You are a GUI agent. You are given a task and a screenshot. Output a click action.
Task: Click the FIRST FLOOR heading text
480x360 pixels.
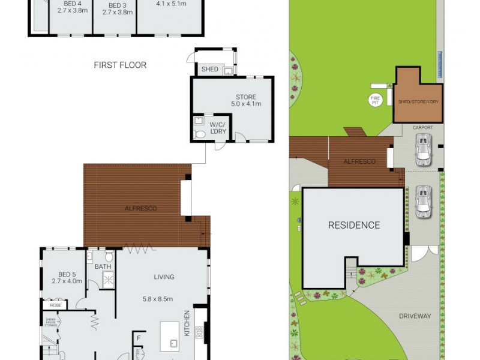[120, 65]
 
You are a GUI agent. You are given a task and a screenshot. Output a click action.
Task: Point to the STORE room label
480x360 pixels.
[245, 97]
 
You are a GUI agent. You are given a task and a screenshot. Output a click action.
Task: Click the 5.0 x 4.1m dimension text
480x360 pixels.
[245, 104]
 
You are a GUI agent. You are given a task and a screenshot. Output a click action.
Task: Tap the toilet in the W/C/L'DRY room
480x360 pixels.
[200, 133]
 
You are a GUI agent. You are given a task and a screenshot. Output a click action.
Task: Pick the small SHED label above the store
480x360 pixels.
[209, 70]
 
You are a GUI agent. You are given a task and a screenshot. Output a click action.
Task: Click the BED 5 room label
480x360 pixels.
[65, 273]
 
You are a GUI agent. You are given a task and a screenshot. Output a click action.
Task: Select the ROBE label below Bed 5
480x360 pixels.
[55, 305]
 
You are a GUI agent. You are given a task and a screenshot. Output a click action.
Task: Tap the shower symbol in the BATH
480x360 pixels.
[108, 278]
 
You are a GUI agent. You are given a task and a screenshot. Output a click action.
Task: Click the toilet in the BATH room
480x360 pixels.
[109, 257]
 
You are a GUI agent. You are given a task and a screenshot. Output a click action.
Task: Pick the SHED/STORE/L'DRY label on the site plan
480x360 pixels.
[418, 102]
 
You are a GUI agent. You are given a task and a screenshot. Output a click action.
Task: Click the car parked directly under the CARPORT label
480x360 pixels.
[424, 149]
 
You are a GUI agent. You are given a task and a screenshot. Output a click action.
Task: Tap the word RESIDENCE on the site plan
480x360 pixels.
[354, 226]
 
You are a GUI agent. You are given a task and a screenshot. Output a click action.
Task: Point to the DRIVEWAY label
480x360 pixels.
[415, 316]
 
